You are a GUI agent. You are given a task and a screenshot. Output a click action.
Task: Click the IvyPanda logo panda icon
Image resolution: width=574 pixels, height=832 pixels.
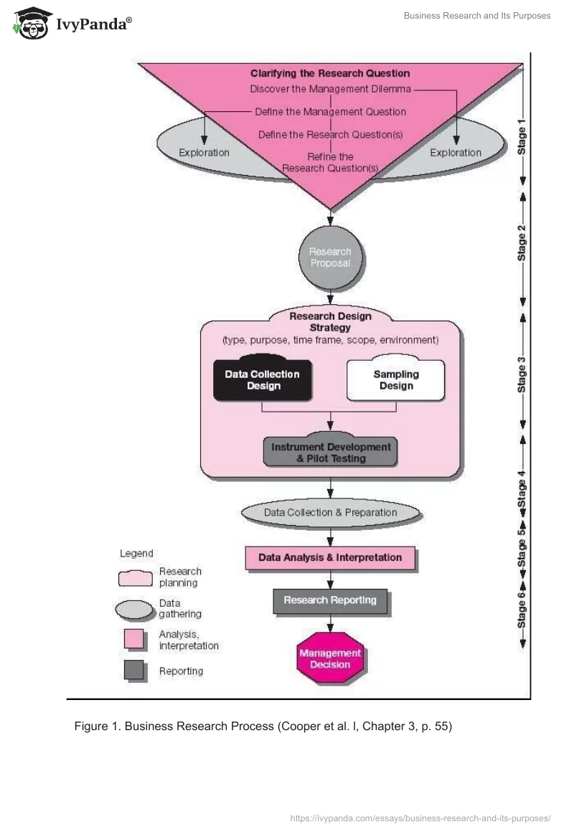(29, 24)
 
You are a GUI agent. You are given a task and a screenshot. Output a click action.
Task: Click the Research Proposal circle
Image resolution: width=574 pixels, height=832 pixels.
(330, 257)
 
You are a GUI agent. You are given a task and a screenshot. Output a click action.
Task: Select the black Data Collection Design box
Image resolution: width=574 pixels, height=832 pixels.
(262, 379)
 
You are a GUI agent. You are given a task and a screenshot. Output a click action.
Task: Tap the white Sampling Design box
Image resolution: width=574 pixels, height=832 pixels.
(396, 380)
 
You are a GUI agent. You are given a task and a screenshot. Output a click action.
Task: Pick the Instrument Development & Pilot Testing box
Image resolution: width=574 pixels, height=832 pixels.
(331, 452)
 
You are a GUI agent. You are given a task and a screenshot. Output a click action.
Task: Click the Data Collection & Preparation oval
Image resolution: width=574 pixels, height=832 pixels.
(330, 512)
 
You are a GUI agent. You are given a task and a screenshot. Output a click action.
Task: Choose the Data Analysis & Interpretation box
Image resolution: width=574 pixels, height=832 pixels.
(330, 557)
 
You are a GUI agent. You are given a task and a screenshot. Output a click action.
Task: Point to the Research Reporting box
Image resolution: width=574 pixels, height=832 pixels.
(330, 600)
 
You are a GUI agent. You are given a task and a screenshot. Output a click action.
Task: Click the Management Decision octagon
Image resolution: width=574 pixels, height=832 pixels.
(330, 658)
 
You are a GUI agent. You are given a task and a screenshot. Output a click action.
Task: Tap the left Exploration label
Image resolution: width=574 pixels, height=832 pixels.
(204, 152)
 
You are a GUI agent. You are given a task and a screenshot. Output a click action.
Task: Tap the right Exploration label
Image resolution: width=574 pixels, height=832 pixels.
(456, 152)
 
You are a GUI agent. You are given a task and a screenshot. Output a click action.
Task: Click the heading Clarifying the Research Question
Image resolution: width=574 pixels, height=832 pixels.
(330, 73)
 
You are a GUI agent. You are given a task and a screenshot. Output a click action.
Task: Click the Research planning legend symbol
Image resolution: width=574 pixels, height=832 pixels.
(135, 577)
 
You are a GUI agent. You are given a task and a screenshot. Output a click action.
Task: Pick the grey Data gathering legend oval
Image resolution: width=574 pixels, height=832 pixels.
(135, 609)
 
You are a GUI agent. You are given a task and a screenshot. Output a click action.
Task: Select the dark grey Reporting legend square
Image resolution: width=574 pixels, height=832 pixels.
(134, 671)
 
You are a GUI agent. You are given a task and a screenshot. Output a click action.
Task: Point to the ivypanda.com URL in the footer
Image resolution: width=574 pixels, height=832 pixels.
(420, 818)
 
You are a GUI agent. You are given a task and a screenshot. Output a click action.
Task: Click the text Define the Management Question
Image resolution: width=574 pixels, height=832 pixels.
(330, 112)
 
